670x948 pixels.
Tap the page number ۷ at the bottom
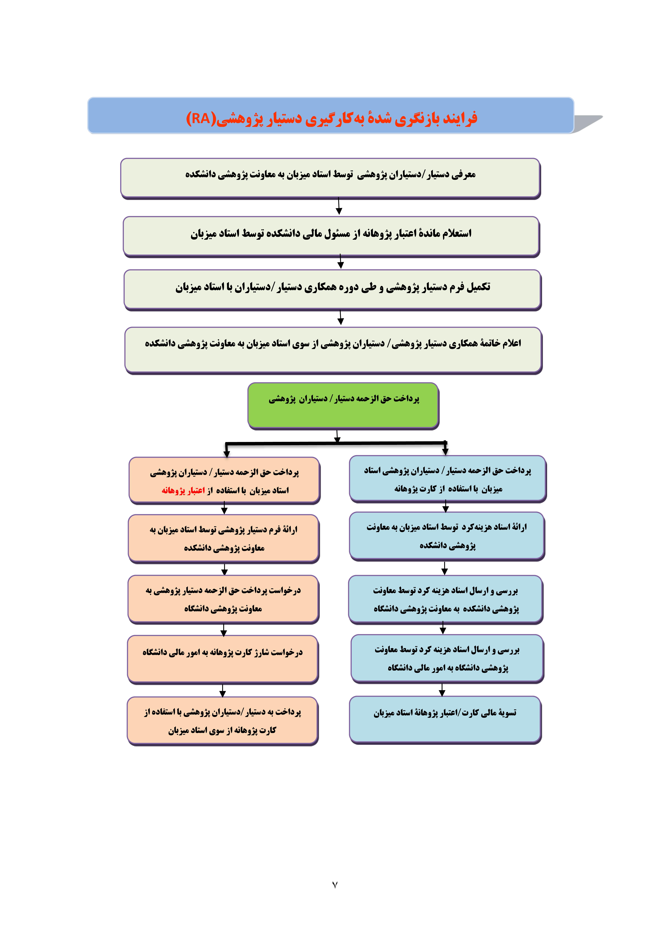click(x=335, y=884)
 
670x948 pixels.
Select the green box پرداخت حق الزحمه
click(x=343, y=405)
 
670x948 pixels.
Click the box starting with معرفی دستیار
click(x=330, y=178)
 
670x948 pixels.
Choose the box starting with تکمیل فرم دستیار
click(x=332, y=289)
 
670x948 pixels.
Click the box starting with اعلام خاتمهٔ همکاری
click(x=333, y=350)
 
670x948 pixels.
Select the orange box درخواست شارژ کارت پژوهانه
click(x=223, y=659)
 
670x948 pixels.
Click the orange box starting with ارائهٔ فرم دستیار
click(x=223, y=538)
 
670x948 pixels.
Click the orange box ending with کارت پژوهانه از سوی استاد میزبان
click(x=223, y=720)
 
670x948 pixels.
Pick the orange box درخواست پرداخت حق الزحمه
click(x=223, y=599)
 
